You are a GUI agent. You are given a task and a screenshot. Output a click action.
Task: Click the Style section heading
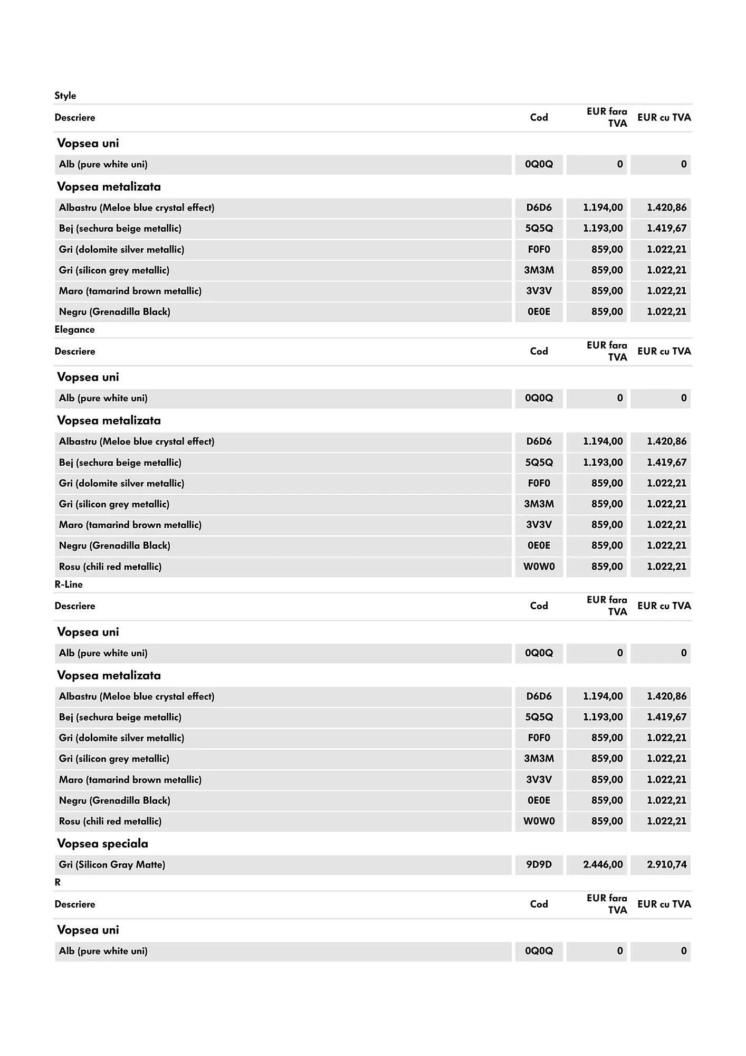coord(65,96)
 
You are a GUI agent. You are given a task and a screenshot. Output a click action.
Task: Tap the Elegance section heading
coord(75,329)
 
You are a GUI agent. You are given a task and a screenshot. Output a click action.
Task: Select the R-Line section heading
coord(69,584)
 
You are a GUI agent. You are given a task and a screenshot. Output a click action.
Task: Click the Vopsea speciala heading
coord(102,843)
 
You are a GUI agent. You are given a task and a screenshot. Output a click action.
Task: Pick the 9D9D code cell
coord(539,864)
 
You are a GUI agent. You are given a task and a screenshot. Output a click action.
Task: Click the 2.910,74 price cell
coord(666,864)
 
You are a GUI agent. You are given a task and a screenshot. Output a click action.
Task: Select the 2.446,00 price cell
coord(602,864)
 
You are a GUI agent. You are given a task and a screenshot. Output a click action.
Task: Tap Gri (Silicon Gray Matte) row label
coord(112,864)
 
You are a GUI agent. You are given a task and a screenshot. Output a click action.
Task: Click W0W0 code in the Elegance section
coord(539,567)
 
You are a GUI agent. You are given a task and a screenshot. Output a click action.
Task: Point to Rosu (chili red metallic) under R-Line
coord(110,821)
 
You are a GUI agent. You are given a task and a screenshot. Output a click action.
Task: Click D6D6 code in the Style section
coord(539,208)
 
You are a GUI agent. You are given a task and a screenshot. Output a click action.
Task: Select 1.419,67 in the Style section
coord(666,229)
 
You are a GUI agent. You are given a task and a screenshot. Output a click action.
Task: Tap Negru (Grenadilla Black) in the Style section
coord(114,312)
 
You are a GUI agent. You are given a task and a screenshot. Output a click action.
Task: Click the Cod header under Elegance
coord(539,351)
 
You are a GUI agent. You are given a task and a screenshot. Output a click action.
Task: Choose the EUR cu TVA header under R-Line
coord(664,606)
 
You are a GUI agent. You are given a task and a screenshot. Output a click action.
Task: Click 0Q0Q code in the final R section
coord(539,951)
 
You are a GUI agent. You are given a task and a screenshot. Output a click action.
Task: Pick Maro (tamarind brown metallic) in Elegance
coord(130,525)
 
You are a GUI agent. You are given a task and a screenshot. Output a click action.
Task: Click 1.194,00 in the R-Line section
coord(602,696)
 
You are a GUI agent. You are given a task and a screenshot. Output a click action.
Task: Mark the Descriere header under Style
coord(75,117)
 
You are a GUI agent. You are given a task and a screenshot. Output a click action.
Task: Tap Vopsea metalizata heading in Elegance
coord(109,420)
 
